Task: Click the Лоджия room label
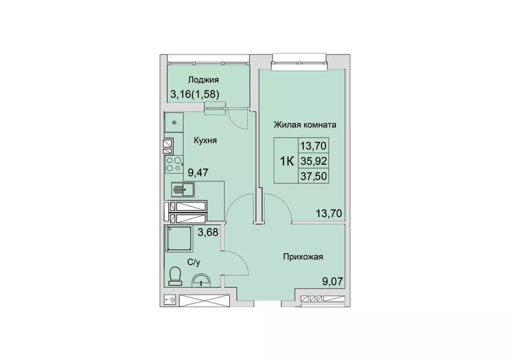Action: (203, 80)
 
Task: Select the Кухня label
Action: (205, 141)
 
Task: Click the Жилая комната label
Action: (305, 125)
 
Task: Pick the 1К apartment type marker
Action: (287, 161)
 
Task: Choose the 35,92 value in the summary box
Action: (314, 161)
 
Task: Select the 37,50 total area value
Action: (314, 177)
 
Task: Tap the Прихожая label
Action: (303, 257)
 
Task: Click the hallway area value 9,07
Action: (332, 281)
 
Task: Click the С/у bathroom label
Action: (193, 262)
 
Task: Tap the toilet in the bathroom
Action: (175, 276)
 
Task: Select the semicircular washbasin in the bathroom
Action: (201, 281)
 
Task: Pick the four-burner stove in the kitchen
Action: (174, 164)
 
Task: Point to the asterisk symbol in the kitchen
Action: (174, 122)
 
